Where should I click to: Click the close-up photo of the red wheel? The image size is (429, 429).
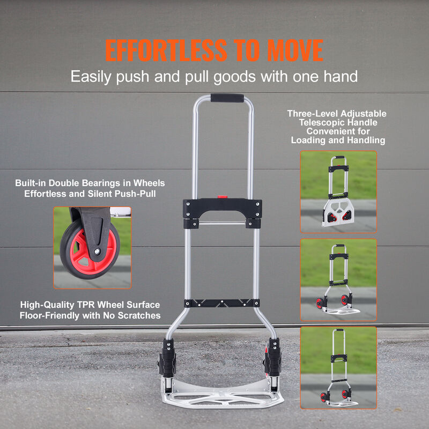click(x=92, y=248)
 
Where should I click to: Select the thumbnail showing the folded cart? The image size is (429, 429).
click(x=338, y=191)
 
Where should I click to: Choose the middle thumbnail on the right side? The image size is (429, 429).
click(x=338, y=279)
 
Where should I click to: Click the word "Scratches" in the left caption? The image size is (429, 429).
click(x=139, y=315)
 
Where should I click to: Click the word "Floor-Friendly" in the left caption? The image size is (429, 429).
click(x=50, y=315)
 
